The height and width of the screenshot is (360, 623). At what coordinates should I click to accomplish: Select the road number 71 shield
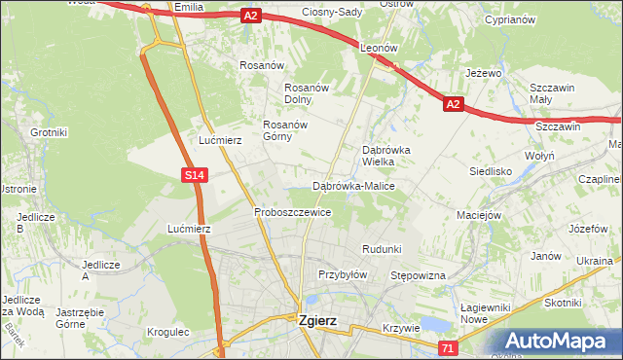[x=448, y=347]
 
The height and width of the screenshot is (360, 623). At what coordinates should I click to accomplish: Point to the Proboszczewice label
[x=292, y=212]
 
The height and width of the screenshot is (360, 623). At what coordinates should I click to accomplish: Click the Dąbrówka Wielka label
[x=386, y=156]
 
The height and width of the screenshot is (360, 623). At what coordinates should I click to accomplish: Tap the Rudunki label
[x=382, y=249]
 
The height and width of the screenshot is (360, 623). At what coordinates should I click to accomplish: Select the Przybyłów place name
[x=342, y=274]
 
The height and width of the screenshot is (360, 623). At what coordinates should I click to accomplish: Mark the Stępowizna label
[x=418, y=276]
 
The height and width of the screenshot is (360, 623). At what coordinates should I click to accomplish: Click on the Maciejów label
[x=479, y=215]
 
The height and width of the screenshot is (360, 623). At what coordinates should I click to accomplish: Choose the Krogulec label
[x=167, y=332]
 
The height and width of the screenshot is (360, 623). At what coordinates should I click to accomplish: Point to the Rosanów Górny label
[x=285, y=130]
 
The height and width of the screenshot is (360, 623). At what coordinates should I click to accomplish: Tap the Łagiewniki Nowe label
[x=487, y=313]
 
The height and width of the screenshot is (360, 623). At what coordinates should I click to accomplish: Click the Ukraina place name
[x=594, y=262]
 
